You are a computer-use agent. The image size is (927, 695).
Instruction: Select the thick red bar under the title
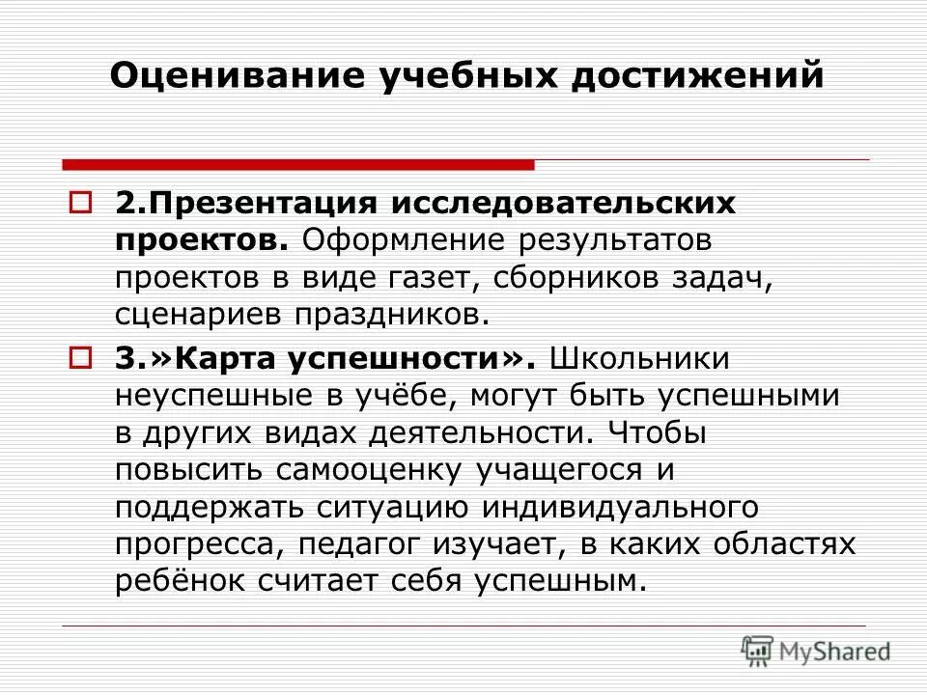pyautogui.click(x=297, y=165)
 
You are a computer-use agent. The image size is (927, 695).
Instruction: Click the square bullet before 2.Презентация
pyautogui.click(x=80, y=205)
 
